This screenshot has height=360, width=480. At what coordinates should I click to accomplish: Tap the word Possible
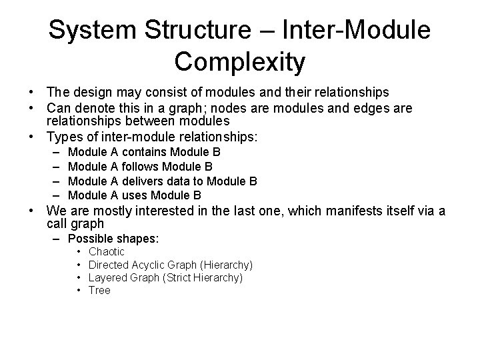point(90,239)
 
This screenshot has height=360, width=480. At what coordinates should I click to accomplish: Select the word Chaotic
point(107,252)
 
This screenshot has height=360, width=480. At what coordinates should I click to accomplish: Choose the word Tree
point(99,291)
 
